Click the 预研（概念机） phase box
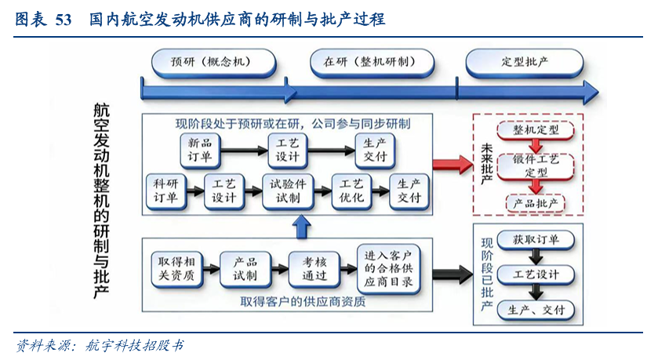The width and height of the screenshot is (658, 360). coord(212,61)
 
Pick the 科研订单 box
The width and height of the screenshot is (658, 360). coord(165,191)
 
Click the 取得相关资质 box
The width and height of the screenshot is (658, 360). coord(176,268)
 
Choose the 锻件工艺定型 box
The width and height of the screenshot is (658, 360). coord(536,165)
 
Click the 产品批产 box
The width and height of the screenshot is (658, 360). coord(536,202)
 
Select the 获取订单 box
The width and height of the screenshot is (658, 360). coord(536,240)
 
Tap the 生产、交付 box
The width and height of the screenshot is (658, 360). coord(536,309)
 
